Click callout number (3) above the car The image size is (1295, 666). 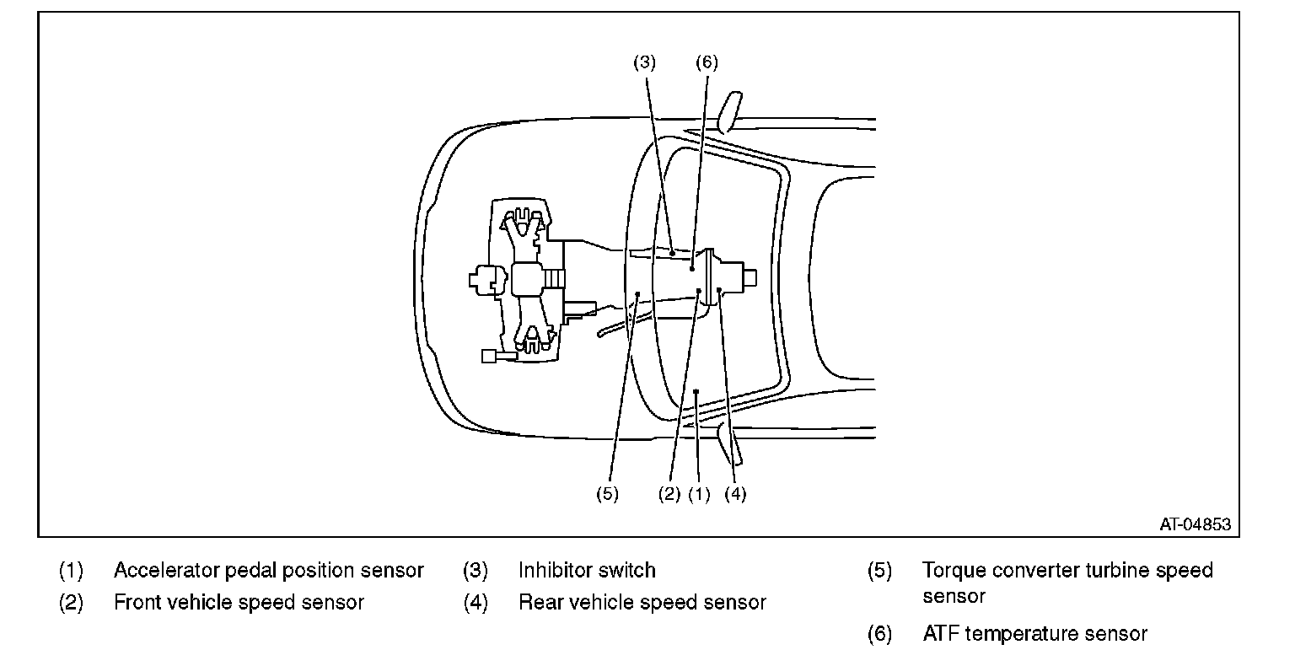click(x=645, y=62)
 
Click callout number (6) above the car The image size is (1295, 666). click(x=707, y=62)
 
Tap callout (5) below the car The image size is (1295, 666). click(x=607, y=494)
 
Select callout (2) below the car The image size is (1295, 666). click(x=669, y=494)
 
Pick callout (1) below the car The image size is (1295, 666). click(x=699, y=494)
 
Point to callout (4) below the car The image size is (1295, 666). click(x=735, y=494)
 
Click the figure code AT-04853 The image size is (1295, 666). click(x=1195, y=524)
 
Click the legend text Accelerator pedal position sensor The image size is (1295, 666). click(x=269, y=570)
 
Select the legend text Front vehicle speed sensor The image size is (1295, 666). click(x=239, y=603)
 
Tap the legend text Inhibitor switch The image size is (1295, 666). click(x=587, y=570)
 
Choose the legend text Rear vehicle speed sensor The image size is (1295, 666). click(x=642, y=603)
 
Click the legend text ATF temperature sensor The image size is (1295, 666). click(x=1034, y=634)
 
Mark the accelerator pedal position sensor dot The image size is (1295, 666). click(x=696, y=391)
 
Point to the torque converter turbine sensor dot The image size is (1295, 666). click(x=637, y=293)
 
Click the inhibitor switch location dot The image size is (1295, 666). click(x=672, y=253)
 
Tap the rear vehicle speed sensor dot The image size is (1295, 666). click(x=718, y=290)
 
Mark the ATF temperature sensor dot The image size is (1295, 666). click(x=692, y=269)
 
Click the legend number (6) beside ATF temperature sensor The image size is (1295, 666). click(x=880, y=634)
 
